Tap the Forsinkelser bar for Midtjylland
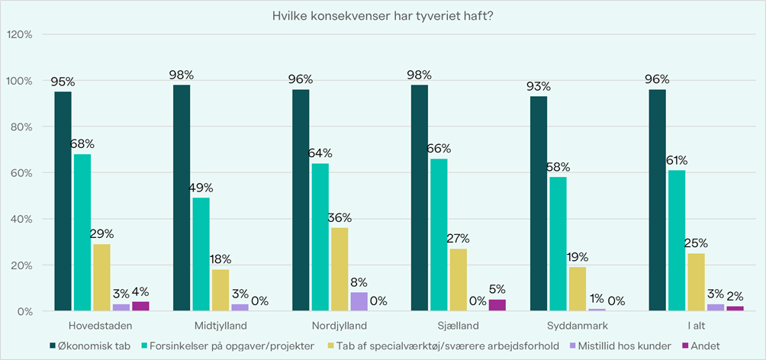pos(201,254)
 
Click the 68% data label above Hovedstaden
pos(82,145)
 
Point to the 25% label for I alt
pos(697,243)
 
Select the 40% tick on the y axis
pos(21,220)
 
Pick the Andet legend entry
pos(704,346)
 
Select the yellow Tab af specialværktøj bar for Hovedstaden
pos(102,278)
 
